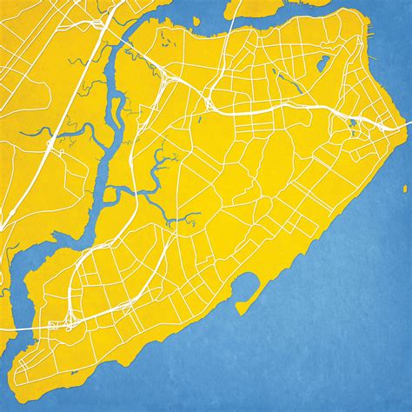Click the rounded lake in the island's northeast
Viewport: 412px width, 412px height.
click(323, 63)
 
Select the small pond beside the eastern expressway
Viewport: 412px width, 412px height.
click(353, 124)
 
